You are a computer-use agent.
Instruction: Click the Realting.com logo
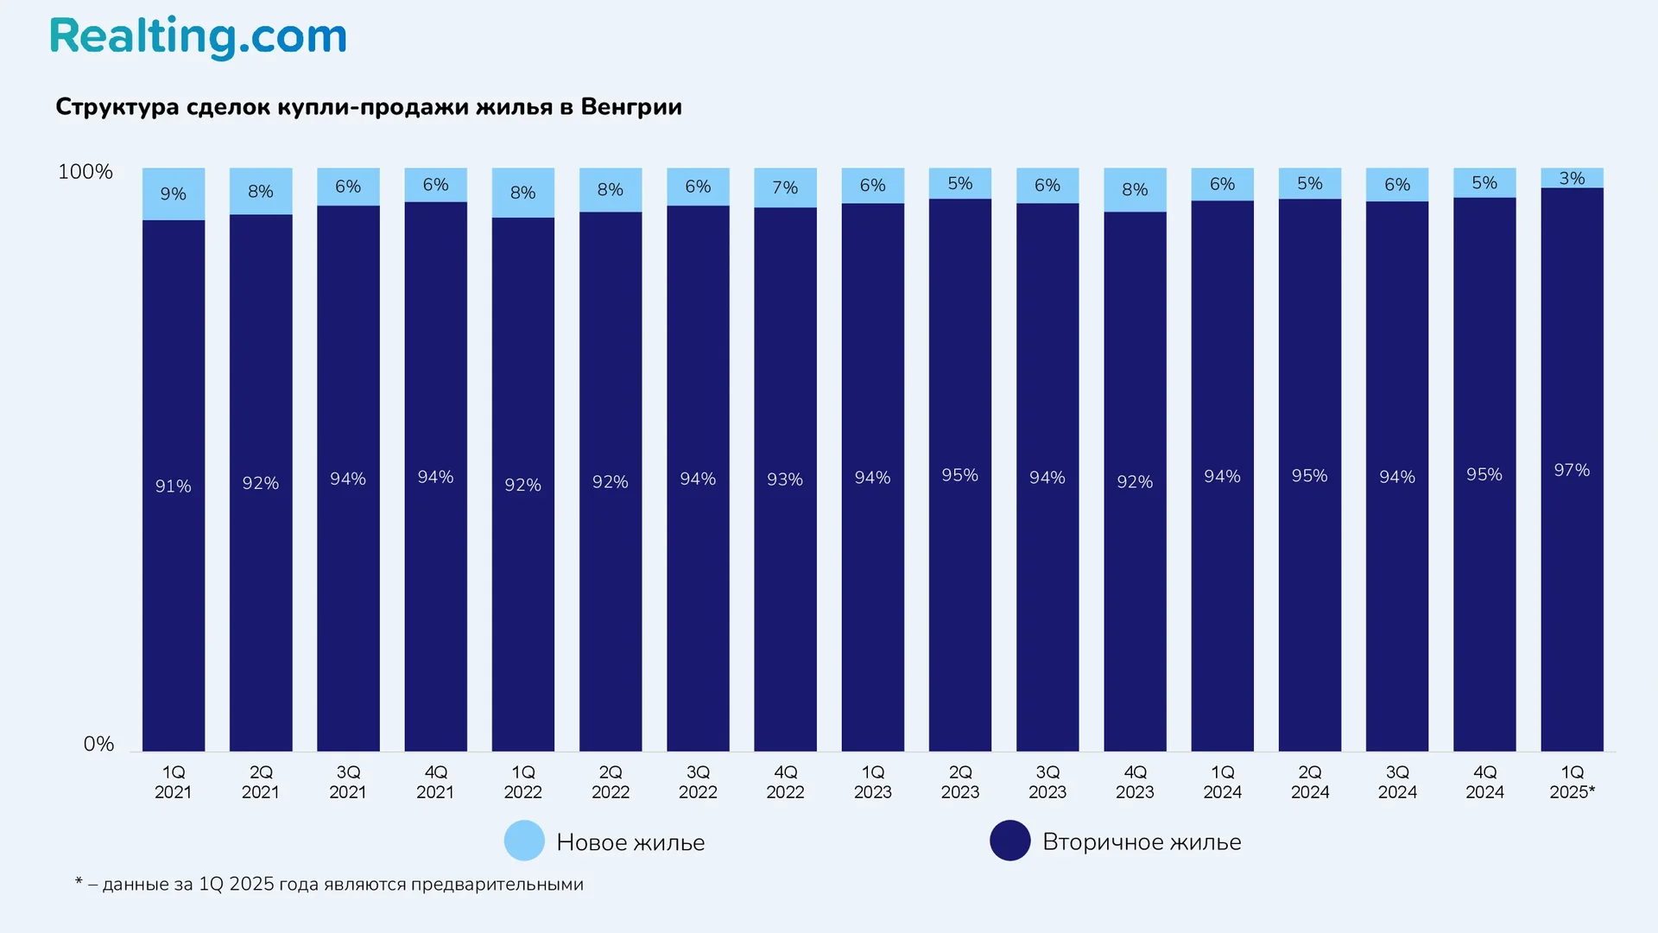(198, 37)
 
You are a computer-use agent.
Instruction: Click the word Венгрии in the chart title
(631, 107)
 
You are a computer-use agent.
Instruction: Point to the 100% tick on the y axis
(85, 172)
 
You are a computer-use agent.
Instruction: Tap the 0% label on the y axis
(98, 744)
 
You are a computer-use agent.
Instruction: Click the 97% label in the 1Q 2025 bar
(1571, 471)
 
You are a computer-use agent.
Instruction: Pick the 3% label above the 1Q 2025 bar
(1572, 179)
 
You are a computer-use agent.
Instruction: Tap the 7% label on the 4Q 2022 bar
(785, 187)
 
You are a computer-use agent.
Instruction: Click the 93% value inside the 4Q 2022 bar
(785, 479)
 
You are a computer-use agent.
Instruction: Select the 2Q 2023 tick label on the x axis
(960, 782)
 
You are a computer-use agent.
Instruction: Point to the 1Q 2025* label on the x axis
(1572, 782)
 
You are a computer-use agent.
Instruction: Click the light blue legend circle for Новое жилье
(524, 841)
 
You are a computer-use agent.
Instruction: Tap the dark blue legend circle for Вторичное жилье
(1009, 841)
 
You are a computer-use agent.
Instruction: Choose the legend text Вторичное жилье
(1142, 842)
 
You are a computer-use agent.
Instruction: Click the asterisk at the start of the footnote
(79, 882)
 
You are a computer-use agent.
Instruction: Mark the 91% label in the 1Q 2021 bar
(174, 486)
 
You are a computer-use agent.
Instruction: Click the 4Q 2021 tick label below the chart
(435, 782)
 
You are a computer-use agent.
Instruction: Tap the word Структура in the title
(117, 107)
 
